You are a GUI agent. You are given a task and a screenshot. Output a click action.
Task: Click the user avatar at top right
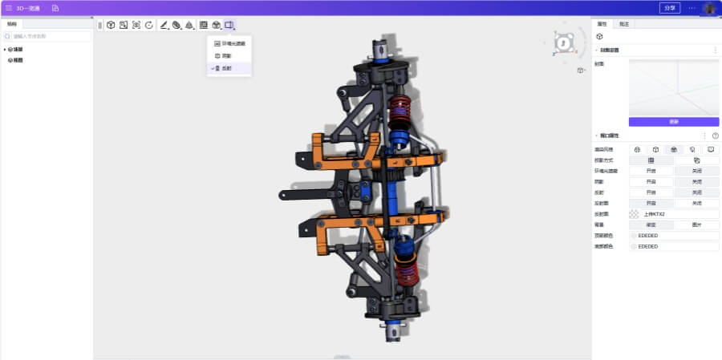tap(709, 8)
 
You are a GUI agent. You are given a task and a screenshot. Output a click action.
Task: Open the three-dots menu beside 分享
tap(692, 7)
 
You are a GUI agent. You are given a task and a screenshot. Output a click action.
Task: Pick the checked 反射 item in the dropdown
tap(227, 68)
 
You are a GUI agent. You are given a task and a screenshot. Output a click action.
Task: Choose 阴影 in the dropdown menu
tap(227, 55)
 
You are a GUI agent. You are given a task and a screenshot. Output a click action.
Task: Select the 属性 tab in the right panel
tap(602, 24)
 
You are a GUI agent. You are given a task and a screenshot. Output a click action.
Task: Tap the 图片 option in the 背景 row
tap(696, 224)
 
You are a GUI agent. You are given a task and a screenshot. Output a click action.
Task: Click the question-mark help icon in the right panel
tap(715, 136)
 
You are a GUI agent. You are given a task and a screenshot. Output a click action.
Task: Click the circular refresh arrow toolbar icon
tap(149, 25)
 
